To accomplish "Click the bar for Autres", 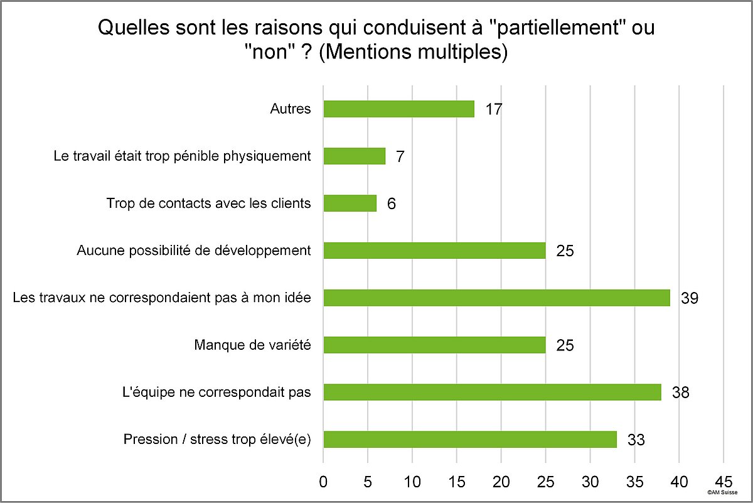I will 398,109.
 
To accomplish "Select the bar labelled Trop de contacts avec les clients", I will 350,203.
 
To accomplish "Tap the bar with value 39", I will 496,298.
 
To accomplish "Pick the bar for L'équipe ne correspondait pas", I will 492,392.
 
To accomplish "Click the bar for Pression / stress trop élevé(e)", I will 470,440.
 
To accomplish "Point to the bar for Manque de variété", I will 434,345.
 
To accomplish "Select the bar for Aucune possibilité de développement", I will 434,251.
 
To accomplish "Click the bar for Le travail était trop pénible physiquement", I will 354,156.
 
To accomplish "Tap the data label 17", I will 494,109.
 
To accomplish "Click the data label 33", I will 636,440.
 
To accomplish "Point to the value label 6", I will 391,203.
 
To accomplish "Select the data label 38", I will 680,392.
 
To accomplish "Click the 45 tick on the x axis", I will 724,482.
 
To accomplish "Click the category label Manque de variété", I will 252,345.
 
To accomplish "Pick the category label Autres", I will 291,109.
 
